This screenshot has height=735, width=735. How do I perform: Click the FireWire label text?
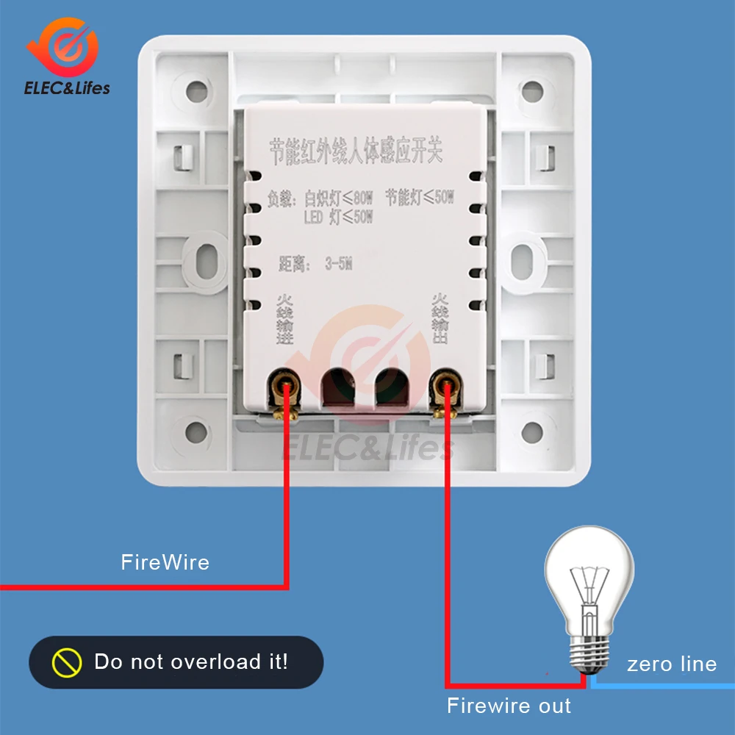(x=165, y=563)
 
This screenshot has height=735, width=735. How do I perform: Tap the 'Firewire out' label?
(x=509, y=706)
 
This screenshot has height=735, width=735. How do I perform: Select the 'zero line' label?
(x=671, y=664)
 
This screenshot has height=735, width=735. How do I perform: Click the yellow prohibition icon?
(x=66, y=662)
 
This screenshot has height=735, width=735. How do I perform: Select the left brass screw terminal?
(x=285, y=385)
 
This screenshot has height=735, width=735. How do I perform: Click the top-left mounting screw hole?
(x=197, y=91)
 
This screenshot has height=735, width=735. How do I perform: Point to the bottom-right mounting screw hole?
(x=532, y=431)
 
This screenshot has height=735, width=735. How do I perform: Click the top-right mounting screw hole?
(x=532, y=91)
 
